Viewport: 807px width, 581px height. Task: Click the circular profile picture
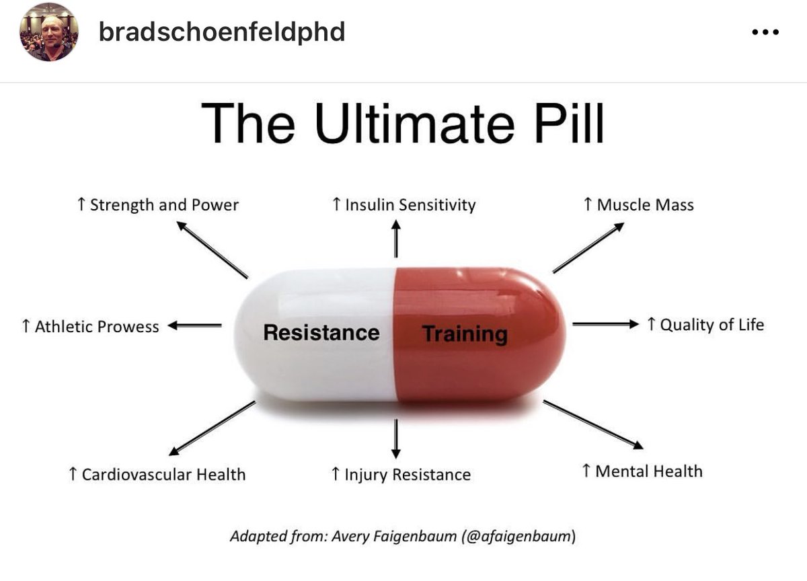48,32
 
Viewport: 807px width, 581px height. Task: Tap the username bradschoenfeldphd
222,32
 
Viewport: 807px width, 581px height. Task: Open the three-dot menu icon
765,32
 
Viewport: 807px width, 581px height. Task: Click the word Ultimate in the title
414,123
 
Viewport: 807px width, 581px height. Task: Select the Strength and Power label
158,205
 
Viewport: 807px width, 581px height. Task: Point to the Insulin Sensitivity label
404,205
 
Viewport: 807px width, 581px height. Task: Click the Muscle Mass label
639,205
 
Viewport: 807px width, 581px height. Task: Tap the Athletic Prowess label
90,326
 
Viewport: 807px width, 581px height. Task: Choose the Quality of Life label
705,325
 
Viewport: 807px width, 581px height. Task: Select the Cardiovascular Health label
157,474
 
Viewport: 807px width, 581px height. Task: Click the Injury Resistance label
401,475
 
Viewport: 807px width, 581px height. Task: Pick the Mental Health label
642,471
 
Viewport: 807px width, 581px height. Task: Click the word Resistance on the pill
321,332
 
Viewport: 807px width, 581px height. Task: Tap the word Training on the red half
465,334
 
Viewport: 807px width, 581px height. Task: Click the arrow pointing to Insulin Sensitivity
396,239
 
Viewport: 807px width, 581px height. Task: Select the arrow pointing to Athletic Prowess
194,325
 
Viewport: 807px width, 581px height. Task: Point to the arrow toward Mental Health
593,425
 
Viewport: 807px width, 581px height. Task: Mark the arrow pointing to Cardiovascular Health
213,428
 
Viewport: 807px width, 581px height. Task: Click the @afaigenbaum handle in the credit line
518,536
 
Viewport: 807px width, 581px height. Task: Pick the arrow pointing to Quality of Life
606,324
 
